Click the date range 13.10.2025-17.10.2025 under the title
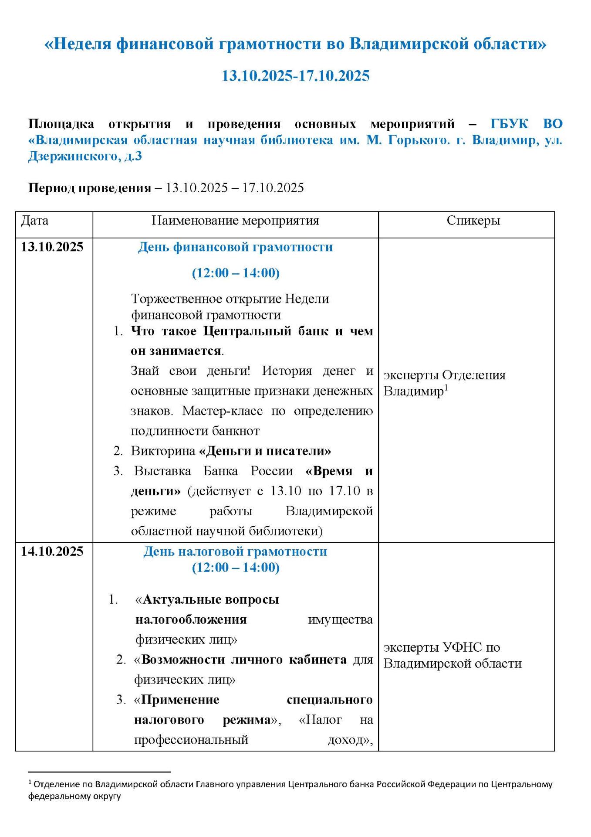click(295, 76)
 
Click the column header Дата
click(35, 221)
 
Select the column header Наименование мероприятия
click(235, 221)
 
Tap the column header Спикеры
click(473, 221)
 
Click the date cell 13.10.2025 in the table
click(52, 247)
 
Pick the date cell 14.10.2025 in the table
click(52, 551)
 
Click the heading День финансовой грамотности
click(235, 247)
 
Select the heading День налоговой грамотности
click(235, 551)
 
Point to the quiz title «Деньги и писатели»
click(265, 451)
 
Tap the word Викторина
click(163, 451)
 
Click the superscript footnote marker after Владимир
click(446, 387)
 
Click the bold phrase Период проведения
click(90, 188)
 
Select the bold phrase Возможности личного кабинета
click(244, 660)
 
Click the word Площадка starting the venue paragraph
click(61, 124)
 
